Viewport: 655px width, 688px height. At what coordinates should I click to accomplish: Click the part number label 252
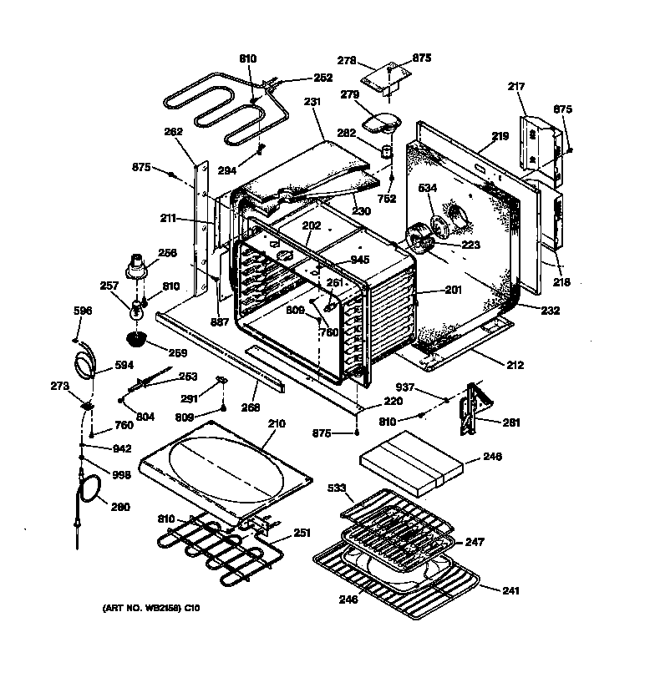coord(299,78)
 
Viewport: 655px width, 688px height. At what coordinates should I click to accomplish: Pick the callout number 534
coord(427,188)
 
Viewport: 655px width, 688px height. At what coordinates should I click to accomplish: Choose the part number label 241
coord(510,591)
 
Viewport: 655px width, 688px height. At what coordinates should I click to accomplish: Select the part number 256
coord(167,253)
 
